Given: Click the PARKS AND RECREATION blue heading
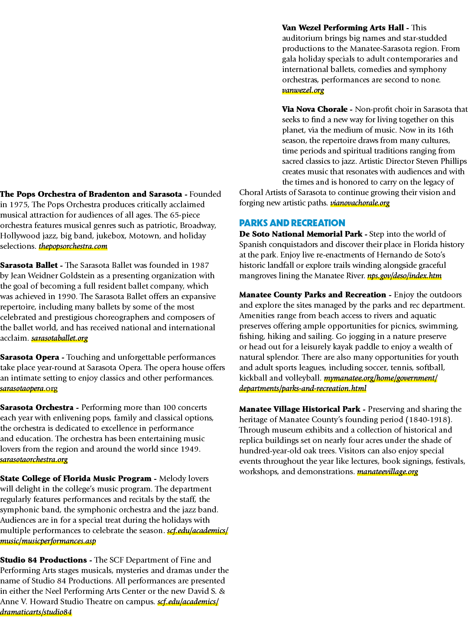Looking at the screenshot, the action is (x=292, y=223).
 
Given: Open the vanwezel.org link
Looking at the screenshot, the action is (x=303, y=91).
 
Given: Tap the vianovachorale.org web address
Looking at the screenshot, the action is (x=360, y=203).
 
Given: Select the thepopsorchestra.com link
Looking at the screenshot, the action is (x=73, y=246).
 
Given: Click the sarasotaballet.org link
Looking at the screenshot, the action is (x=59, y=338).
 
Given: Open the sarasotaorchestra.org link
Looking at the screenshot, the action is (x=34, y=459).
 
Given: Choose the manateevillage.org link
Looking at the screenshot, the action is (x=387, y=472).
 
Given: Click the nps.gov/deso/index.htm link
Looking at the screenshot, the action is (x=404, y=276).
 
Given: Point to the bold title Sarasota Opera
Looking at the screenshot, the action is (x=29, y=357).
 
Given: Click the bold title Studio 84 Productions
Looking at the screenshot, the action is (x=43, y=560).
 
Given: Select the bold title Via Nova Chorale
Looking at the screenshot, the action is (x=315, y=109).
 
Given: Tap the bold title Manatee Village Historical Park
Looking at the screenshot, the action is (x=299, y=409).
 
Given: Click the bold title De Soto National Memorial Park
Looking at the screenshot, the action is (x=301, y=234).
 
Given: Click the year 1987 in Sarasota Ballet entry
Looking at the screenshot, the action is (x=200, y=265).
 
